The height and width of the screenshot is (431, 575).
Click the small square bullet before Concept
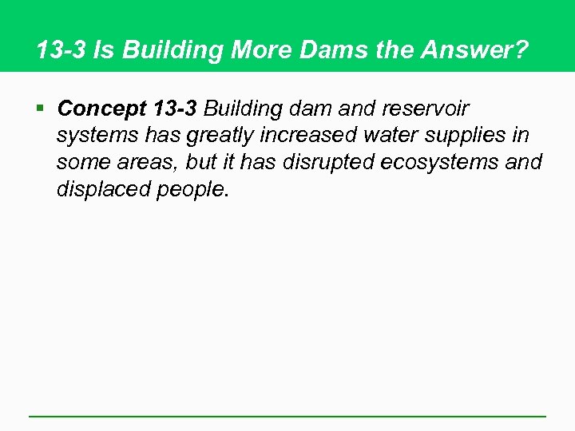pos(41,108)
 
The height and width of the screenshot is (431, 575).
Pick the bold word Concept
pos(100,108)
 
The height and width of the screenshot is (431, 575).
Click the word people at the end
pos(191,190)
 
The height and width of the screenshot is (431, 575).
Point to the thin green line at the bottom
pos(287,416)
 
